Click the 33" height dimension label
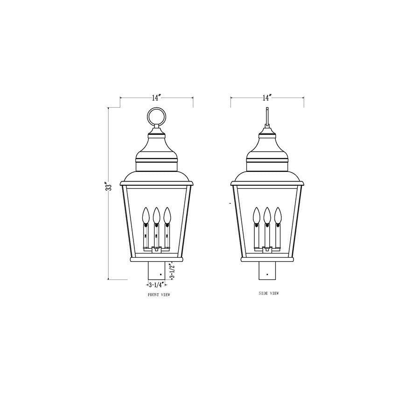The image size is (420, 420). (109, 186)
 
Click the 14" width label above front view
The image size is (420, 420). (156, 98)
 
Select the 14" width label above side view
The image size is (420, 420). (267, 98)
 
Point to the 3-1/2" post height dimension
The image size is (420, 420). (172, 271)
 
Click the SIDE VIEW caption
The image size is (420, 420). (268, 294)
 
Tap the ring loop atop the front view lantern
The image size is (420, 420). (156, 117)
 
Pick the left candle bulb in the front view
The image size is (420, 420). (145, 215)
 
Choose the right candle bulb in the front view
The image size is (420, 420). (167, 215)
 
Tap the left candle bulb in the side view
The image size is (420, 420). (256, 215)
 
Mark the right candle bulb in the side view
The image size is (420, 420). (278, 215)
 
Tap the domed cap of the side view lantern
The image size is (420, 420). (267, 147)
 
